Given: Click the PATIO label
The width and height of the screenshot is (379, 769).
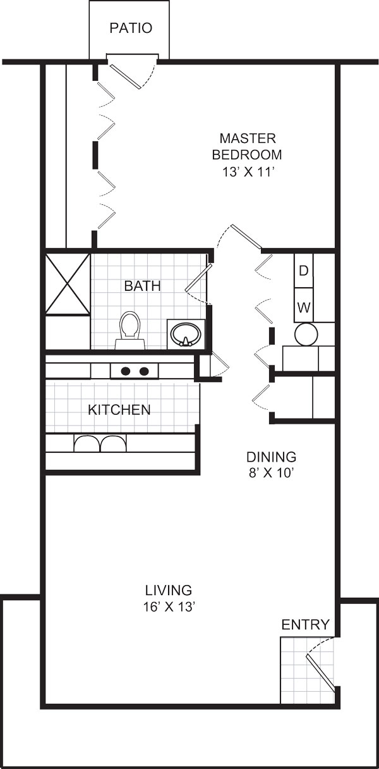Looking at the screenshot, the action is pos(131,28).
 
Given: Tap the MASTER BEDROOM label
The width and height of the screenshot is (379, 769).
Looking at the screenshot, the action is pos(247,147).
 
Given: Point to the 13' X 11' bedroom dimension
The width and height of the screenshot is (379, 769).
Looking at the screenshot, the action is pos(247,172).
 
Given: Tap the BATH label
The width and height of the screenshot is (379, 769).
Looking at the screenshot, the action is pos(142,286).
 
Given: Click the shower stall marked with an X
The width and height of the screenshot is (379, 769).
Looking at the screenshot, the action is pos(68,283).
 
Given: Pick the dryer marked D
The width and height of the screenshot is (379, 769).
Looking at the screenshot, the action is pos(304,271).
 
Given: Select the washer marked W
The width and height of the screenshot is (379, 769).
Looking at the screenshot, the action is pos(304,305).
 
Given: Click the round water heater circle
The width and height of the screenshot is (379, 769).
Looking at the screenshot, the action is pos(306,335).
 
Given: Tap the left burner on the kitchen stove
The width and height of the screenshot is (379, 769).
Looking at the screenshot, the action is pos(126,371).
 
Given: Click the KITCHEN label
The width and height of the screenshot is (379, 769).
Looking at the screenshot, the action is pos(119,410).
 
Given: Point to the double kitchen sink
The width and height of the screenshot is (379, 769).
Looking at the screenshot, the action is pos(100,443).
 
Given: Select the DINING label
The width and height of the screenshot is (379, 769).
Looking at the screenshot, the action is pos(272,457).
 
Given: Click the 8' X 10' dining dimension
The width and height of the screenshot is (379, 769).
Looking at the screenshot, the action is pos(272,474).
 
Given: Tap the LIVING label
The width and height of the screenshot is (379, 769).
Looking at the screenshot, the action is pos(169,590).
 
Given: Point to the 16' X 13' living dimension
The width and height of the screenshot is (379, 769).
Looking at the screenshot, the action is pos(169,606).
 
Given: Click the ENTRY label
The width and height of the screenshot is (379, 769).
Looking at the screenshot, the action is pos(305,624).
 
